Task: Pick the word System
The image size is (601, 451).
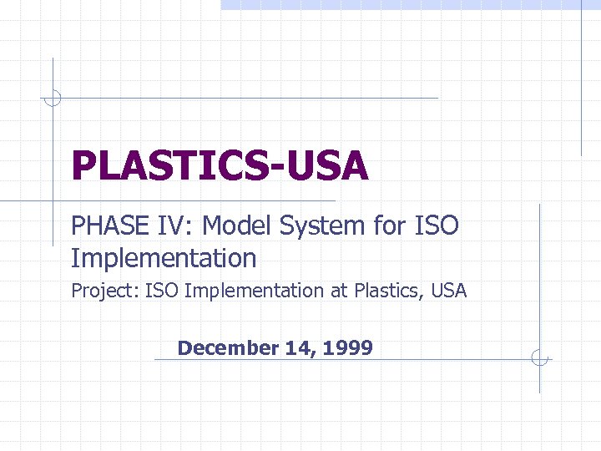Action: (x=321, y=226)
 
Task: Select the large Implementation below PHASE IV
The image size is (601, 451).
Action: (x=164, y=258)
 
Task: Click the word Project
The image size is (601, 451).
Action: (x=105, y=291)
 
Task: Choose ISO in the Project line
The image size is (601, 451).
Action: (x=162, y=291)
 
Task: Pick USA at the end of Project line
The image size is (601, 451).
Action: (x=449, y=291)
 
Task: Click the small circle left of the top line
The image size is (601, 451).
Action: (x=53, y=98)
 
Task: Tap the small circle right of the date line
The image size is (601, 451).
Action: (x=540, y=359)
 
